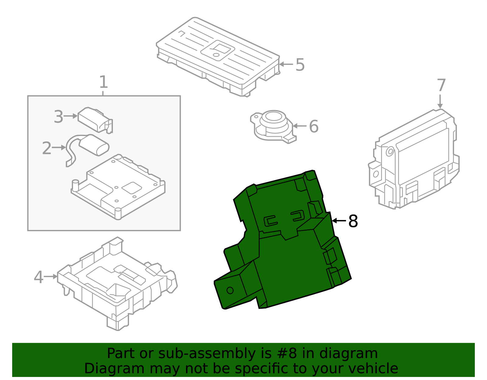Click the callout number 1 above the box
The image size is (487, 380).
pyautogui.click(x=103, y=82)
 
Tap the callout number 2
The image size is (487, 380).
pyautogui.click(x=47, y=148)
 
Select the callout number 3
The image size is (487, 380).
pyautogui.click(x=58, y=117)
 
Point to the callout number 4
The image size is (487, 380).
pyautogui.click(x=38, y=277)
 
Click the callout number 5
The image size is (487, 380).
pyautogui.click(x=300, y=65)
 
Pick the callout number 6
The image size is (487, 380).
pyautogui.click(x=314, y=127)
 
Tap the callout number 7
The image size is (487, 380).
pyautogui.click(x=441, y=85)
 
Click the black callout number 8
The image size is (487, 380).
pyautogui.click(x=353, y=221)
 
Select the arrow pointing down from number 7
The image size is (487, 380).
pyautogui.click(x=440, y=101)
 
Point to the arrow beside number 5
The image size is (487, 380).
pyautogui.click(x=286, y=64)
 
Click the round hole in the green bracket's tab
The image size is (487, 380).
pyautogui.click(x=230, y=290)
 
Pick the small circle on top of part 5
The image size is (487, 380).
pyautogui.click(x=216, y=55)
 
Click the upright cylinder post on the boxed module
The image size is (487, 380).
pyautogui.click(x=75, y=185)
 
